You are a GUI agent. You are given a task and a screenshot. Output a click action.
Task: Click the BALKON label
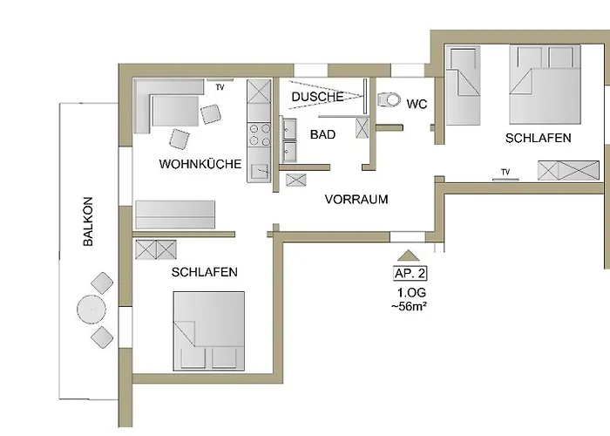88,221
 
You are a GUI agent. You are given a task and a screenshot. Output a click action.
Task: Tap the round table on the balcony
91,310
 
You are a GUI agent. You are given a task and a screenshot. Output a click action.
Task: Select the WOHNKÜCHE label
200,164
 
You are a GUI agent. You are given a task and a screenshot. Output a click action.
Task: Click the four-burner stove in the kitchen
260,134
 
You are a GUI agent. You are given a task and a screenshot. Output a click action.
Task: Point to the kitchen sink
260,171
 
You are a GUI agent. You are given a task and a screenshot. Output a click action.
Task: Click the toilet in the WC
389,99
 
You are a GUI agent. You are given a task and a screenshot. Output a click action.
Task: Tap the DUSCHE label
317,97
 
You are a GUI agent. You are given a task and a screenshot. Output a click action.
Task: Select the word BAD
323,134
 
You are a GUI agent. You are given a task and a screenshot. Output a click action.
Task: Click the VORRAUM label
356,200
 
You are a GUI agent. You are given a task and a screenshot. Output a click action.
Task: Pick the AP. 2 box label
410,273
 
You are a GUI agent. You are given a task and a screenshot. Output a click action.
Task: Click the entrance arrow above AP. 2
408,255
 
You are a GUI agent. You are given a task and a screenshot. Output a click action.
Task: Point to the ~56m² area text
409,306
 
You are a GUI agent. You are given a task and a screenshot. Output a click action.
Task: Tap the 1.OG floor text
411,292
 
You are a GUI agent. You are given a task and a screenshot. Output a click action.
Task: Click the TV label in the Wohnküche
220,87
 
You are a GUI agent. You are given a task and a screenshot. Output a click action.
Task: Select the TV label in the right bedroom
505,172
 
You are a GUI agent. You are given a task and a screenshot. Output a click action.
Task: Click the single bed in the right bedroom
463,85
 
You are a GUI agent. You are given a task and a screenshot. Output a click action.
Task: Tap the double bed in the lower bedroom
209,330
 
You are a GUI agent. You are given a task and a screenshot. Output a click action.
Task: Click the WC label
417,104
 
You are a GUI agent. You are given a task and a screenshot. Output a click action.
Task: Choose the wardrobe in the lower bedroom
156,249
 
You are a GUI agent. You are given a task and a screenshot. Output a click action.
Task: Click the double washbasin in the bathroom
288,140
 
